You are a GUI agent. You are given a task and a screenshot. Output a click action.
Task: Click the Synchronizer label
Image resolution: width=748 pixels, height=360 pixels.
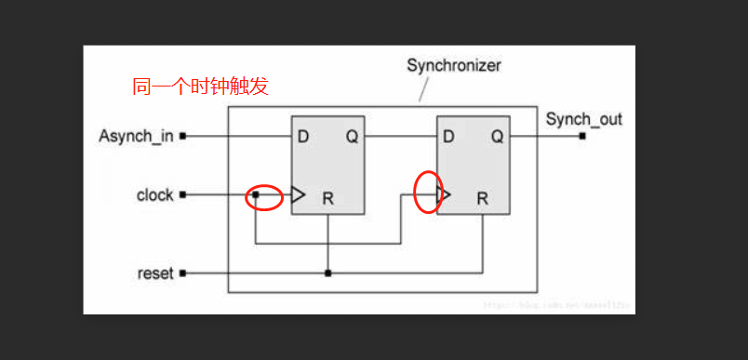(x=453, y=66)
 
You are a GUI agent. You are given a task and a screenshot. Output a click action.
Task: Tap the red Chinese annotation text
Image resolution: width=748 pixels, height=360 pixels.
(x=201, y=88)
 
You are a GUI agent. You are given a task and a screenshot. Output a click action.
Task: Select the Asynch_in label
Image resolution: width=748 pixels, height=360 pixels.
(x=136, y=137)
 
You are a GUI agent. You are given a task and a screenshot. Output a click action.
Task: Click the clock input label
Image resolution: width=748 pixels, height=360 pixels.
(x=154, y=195)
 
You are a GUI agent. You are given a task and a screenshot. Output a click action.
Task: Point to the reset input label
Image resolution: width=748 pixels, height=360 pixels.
(x=155, y=273)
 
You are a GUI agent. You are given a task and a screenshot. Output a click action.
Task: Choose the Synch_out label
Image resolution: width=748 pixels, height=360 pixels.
(x=583, y=119)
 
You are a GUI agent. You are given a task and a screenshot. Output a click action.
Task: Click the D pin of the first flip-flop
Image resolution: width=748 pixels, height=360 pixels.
(x=303, y=137)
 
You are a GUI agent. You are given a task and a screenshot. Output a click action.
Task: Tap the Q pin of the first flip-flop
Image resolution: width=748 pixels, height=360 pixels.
(x=353, y=137)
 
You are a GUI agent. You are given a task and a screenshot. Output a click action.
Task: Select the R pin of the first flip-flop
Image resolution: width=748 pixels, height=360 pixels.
(x=327, y=198)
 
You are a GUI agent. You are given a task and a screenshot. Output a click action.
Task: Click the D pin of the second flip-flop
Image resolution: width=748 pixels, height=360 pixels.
(x=448, y=137)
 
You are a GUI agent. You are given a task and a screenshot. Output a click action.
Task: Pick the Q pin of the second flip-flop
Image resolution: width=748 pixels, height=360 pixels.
(x=498, y=137)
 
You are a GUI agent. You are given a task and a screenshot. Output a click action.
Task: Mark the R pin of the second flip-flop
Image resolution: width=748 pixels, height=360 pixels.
(x=482, y=198)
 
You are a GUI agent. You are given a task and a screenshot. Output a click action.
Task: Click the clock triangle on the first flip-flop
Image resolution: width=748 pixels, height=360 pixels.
(x=298, y=195)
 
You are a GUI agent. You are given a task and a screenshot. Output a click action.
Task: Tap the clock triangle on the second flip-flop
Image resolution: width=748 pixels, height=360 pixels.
(x=444, y=195)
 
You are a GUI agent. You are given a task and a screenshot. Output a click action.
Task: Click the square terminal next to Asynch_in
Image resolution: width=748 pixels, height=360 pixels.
(x=183, y=136)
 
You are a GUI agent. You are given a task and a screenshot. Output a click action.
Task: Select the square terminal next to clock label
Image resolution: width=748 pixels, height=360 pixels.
(x=183, y=195)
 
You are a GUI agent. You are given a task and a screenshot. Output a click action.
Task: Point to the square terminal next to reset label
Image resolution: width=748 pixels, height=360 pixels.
(x=183, y=273)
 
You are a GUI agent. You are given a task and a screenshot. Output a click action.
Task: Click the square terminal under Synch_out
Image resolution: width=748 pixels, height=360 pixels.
(x=582, y=136)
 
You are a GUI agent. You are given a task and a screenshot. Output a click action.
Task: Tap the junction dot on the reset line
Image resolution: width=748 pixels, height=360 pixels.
(x=327, y=273)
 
